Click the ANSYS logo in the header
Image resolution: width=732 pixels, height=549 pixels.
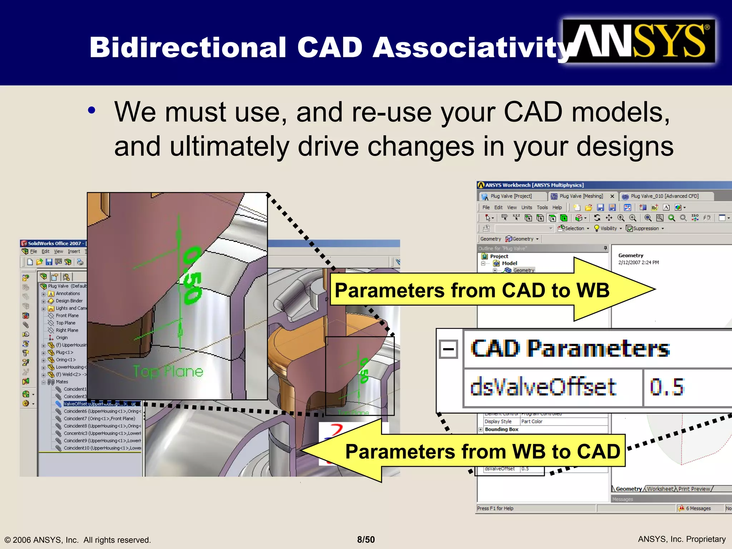click(639, 41)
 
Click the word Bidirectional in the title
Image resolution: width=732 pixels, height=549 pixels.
click(188, 48)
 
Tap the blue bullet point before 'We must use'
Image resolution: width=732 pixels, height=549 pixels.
click(92, 111)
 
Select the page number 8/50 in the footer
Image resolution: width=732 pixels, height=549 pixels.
click(366, 539)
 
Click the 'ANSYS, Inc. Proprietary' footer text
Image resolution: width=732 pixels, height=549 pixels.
click(681, 539)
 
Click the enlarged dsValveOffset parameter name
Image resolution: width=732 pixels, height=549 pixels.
click(543, 387)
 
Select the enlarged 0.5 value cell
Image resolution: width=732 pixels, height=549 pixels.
click(667, 387)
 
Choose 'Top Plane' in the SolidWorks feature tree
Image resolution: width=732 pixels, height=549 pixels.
click(65, 323)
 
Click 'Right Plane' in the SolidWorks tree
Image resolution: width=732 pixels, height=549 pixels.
click(67, 330)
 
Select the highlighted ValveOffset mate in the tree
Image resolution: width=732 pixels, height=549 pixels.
click(100, 404)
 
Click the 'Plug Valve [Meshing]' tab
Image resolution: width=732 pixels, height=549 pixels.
click(581, 196)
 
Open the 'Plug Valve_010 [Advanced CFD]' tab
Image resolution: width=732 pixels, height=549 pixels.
click(664, 196)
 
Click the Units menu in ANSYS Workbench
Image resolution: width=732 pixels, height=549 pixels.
click(526, 207)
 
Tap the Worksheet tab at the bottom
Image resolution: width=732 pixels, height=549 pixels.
click(660, 489)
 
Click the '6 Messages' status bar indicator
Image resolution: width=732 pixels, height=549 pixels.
click(698, 508)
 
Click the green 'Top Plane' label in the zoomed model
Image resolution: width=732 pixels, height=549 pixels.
click(168, 372)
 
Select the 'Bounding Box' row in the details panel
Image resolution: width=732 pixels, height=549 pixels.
click(501, 429)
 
